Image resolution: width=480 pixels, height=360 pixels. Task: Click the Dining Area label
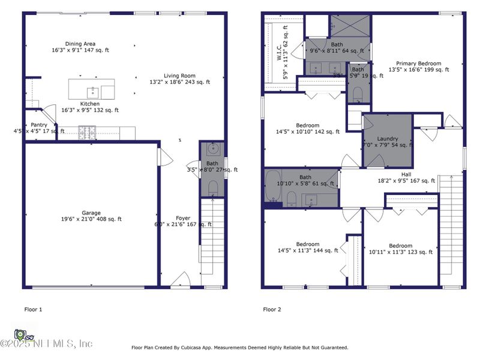point(81,44)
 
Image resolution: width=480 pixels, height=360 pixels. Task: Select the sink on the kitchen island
point(93,92)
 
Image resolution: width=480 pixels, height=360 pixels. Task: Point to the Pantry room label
point(38,125)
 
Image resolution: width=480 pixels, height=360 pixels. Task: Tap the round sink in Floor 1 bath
point(212,149)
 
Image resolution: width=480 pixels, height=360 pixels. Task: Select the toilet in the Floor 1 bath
point(212,188)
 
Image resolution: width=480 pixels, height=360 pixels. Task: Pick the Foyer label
point(184,218)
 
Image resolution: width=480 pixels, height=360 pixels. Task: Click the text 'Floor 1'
point(33,310)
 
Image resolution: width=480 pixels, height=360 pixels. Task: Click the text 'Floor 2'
point(272,310)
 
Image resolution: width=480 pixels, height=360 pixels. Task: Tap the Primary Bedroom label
point(418,63)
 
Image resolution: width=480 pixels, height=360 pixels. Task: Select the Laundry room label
point(388,139)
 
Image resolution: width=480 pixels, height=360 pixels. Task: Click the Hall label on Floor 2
point(406,173)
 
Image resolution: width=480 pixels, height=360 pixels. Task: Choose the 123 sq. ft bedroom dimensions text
point(400,252)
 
